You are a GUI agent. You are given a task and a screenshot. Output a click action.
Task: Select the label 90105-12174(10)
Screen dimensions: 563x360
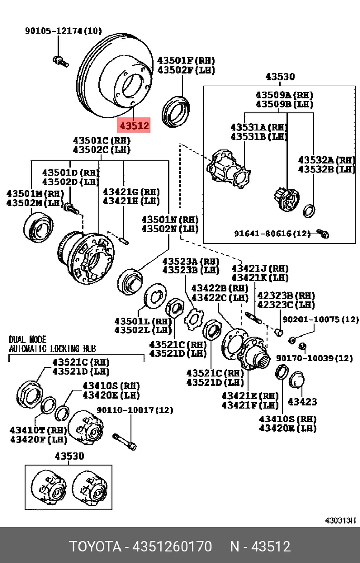[64, 31]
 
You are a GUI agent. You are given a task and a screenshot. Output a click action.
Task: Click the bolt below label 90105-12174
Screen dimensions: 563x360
[59, 61]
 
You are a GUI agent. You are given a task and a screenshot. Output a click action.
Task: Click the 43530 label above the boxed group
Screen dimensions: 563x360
[279, 77]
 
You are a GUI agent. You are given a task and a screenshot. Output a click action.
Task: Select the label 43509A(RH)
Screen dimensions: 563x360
[284, 95]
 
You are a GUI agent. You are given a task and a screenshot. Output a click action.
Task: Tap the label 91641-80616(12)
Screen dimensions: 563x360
[273, 233]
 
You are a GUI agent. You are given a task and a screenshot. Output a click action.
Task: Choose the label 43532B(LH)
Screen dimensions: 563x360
[326, 170]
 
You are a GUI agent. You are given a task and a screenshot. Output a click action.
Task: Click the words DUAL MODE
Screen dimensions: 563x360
[27, 340]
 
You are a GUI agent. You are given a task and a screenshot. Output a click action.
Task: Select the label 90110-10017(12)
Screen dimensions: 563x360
[134, 410]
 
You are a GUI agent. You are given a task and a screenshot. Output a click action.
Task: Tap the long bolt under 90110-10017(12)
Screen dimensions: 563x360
[124, 440]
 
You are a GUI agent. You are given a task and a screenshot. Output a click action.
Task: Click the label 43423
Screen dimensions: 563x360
[303, 401]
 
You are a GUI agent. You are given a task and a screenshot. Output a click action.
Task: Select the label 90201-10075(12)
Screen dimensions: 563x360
[321, 319]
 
